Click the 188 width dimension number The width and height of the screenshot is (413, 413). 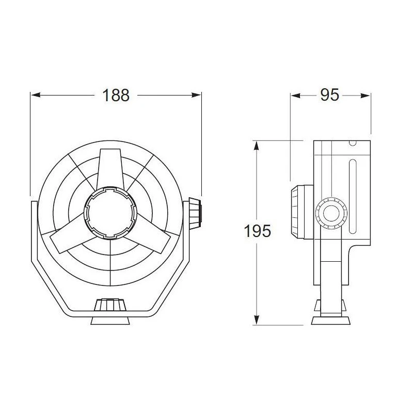pos(116,96)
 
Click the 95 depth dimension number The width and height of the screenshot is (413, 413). pos(329,95)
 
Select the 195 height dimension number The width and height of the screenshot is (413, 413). pos(257,231)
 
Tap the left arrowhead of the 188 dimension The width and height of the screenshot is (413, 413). pos(36,95)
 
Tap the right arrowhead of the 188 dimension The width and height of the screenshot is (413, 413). pos(196,95)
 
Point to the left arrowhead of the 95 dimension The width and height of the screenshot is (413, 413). pos(295,96)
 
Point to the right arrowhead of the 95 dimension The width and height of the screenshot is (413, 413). pos(366,96)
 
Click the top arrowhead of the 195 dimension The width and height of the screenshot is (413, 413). pos(256,146)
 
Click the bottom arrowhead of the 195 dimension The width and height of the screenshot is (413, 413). pos(256,320)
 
